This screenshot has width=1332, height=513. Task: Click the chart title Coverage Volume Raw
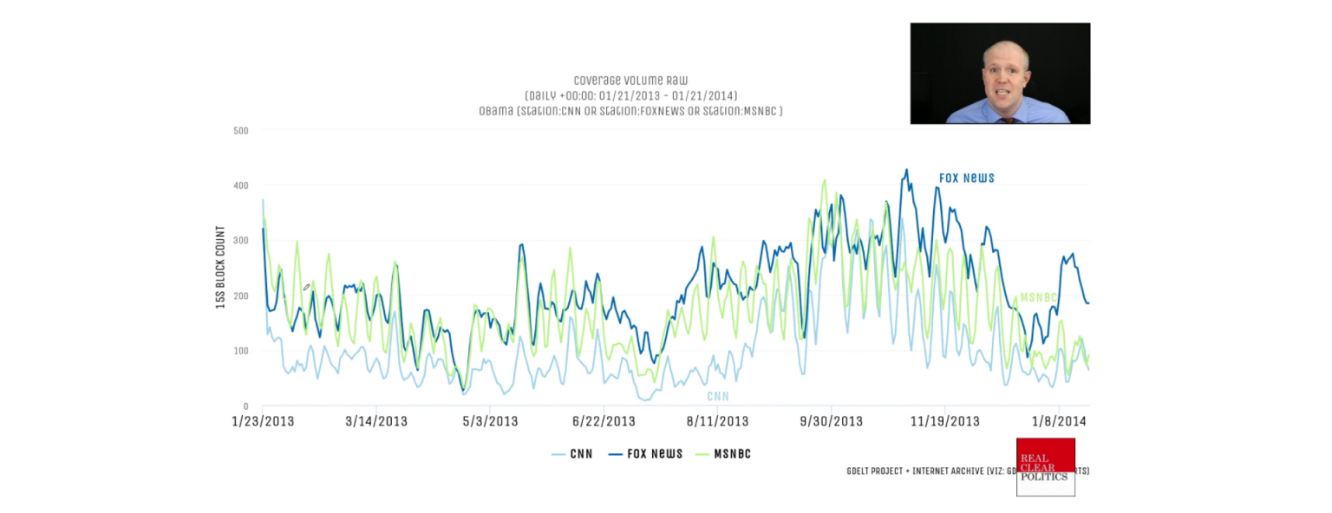(x=630, y=81)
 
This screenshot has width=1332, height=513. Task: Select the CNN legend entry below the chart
(x=573, y=454)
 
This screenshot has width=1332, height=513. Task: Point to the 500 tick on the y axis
(x=240, y=131)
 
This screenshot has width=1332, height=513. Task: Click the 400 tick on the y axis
(x=240, y=185)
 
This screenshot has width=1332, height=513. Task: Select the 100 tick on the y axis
(x=240, y=351)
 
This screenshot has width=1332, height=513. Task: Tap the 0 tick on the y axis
(x=245, y=406)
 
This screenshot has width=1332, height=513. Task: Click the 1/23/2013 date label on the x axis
(x=262, y=422)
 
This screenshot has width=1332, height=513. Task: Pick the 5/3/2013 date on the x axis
(x=490, y=422)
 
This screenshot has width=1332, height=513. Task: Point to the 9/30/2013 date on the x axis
(x=832, y=422)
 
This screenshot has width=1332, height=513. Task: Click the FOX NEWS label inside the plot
(x=966, y=179)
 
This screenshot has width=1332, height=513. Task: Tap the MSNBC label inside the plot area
(x=1038, y=297)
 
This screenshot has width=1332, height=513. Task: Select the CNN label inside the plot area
(x=717, y=396)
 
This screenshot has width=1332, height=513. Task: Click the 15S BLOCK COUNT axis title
(x=220, y=268)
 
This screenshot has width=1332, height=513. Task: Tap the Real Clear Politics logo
(x=1045, y=467)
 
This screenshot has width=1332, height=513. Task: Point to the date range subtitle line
(x=630, y=95)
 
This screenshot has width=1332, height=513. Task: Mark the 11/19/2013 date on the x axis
(x=945, y=422)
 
